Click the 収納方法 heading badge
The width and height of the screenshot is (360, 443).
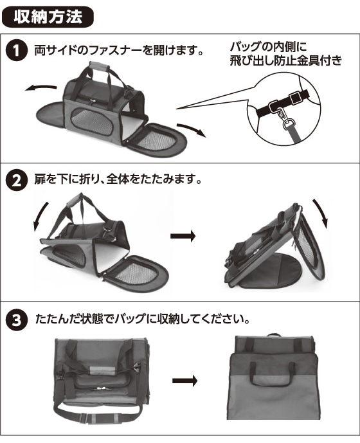[48, 17]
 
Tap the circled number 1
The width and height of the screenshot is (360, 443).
[16, 51]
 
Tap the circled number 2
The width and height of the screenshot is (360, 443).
[16, 180]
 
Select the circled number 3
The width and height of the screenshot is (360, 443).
[16, 320]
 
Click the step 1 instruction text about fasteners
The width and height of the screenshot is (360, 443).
[119, 50]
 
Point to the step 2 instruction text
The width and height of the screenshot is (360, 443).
[118, 179]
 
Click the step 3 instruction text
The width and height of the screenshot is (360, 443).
[143, 320]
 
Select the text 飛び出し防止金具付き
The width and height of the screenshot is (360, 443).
[285, 60]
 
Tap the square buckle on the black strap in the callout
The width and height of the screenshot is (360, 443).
[295, 98]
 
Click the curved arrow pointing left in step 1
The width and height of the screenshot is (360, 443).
[40, 88]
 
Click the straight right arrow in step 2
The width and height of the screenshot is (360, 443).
[183, 236]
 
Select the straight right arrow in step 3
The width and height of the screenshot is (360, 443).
[184, 381]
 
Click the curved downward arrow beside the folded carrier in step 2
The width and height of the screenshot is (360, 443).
[321, 213]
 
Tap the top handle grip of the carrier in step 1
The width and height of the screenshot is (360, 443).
[99, 67]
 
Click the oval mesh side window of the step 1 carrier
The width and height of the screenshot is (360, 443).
[91, 122]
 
